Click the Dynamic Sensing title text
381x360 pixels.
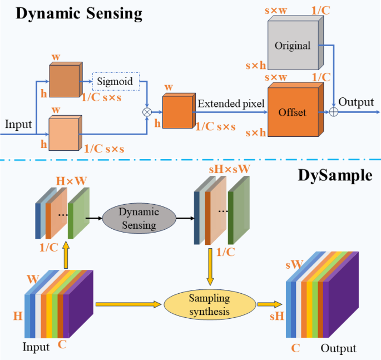pos(78,14)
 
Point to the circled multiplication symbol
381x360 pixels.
pos(147,112)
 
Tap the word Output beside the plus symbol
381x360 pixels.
pos(356,103)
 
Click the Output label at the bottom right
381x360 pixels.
pos(338,348)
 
